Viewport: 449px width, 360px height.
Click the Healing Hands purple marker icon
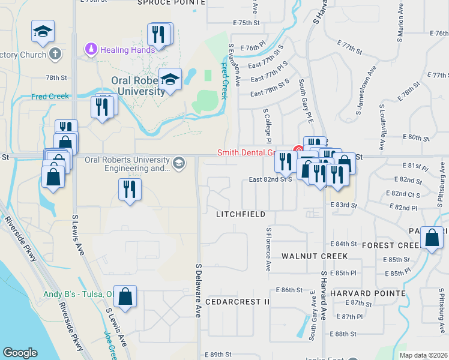coord(91,48)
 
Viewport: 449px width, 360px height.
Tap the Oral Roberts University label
coord(138,86)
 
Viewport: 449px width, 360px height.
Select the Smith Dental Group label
coord(255,152)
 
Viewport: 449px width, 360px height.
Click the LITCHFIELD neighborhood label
coord(241,214)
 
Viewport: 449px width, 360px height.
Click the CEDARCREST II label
coord(237,301)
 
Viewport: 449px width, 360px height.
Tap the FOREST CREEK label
coord(390,245)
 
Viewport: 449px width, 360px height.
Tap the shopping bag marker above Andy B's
coord(125,296)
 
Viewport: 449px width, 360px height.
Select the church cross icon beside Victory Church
coord(55,55)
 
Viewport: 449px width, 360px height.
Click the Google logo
coord(20,353)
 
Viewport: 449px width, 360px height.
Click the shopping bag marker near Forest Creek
coord(432,238)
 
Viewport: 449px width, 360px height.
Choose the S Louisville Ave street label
coord(382,128)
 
